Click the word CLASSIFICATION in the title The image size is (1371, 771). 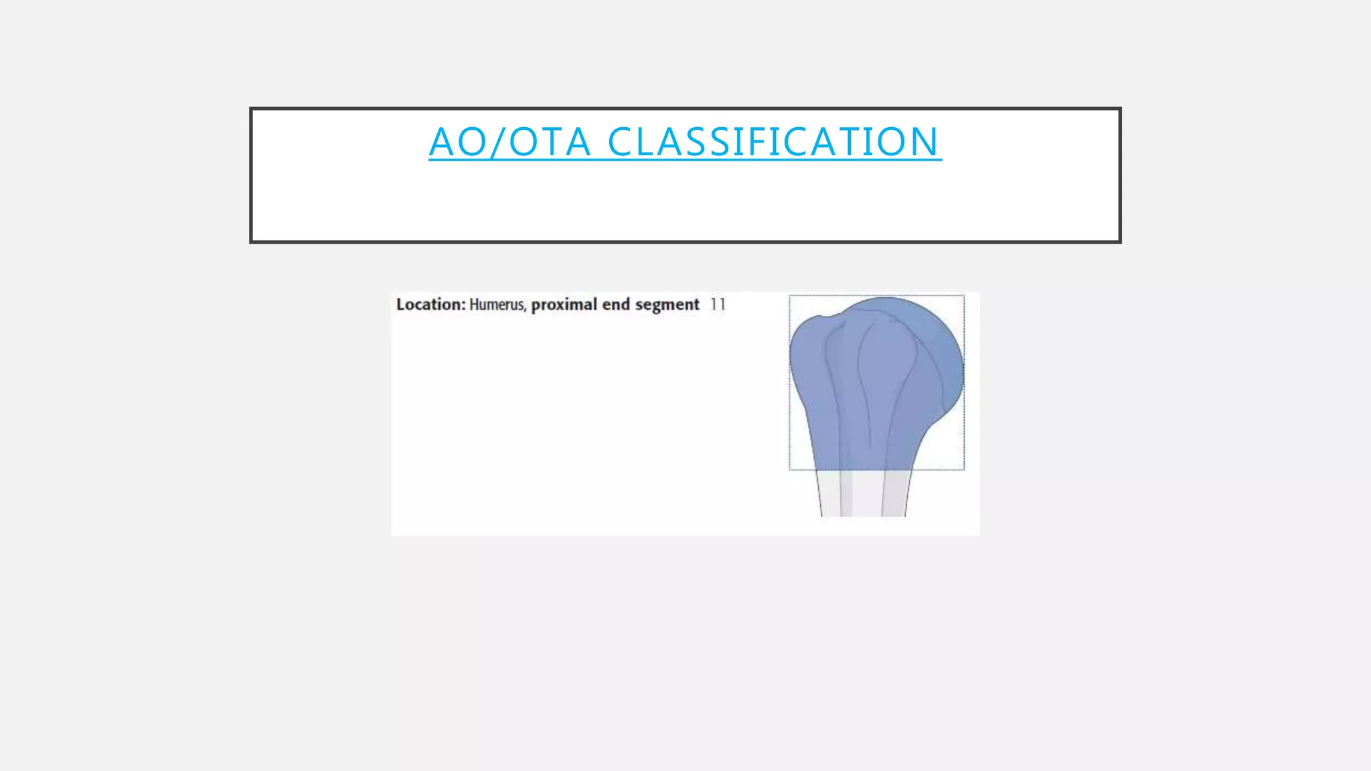click(774, 142)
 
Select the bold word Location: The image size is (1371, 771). click(430, 305)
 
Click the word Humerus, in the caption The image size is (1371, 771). click(497, 305)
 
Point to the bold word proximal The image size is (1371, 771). click(564, 305)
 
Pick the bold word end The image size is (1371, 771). click(616, 305)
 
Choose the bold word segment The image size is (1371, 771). click(667, 305)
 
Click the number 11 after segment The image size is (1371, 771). click(718, 305)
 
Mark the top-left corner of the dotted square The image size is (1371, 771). click(790, 296)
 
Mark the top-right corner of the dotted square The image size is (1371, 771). click(964, 296)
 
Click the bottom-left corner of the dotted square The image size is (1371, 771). click(790, 470)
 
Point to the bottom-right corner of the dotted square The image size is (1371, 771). click(964, 470)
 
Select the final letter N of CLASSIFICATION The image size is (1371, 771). click(924, 142)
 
